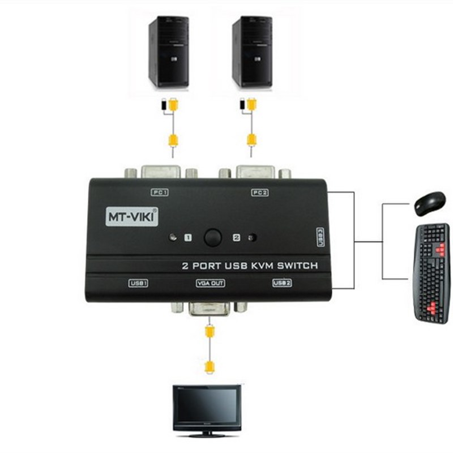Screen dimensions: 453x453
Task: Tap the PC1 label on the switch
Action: [160, 193]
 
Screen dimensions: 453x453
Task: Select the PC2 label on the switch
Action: [259, 193]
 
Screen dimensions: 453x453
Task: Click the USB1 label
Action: [138, 283]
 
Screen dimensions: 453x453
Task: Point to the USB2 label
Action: [281, 283]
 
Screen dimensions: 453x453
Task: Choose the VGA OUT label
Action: [210, 283]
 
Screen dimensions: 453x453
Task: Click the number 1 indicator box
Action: [188, 238]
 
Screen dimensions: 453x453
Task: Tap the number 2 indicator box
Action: [237, 238]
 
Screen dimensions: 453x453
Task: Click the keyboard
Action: [431, 272]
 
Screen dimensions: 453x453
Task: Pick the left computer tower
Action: [168, 52]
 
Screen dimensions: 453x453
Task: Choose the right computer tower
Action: [251, 52]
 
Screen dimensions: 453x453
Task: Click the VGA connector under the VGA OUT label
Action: [210, 309]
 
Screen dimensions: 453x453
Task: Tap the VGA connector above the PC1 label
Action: [161, 172]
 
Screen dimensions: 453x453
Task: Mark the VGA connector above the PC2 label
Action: [255, 172]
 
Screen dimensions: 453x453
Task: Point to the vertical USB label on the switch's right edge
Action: [320, 237]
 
